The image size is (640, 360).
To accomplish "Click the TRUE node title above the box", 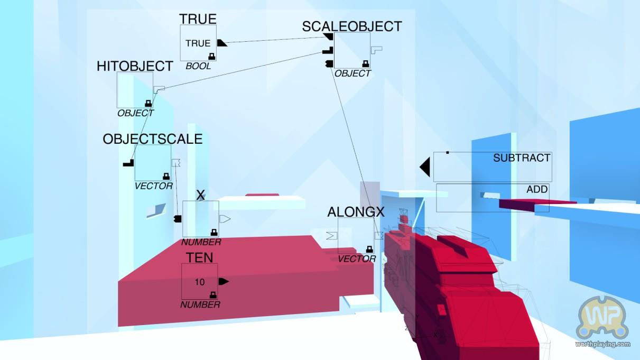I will [x=198, y=19].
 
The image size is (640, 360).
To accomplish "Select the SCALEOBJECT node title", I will [x=352, y=26].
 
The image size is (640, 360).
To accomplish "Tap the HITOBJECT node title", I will [x=135, y=66].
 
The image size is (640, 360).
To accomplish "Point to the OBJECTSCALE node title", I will [x=153, y=139].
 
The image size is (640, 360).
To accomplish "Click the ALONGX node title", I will [x=356, y=212].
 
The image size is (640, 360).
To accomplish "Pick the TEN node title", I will [x=200, y=257].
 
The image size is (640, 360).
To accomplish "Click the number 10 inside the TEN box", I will [x=200, y=282].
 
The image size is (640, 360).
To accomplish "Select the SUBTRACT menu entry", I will [x=521, y=158].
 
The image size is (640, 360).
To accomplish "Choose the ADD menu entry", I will [x=537, y=189].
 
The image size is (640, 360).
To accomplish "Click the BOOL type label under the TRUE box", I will [x=198, y=67].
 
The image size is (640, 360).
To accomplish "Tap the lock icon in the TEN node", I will [x=213, y=294].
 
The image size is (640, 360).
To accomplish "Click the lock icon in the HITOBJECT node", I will [x=148, y=104].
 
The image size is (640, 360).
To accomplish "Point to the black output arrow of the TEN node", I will [x=224, y=281].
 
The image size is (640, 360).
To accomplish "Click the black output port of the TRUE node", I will [x=222, y=43].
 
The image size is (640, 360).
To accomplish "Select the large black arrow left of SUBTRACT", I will [x=425, y=167].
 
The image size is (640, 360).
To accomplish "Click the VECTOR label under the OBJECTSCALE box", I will [x=153, y=186].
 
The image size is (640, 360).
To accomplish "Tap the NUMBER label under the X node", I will [x=201, y=243].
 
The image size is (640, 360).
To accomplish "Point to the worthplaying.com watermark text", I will [x=602, y=344].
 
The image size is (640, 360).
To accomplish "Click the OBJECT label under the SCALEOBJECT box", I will [x=353, y=73].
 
